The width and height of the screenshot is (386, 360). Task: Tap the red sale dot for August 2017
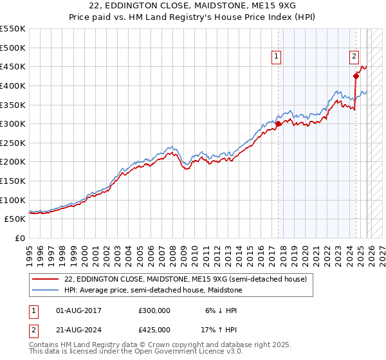[278, 124]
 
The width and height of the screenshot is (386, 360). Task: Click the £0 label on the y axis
[19, 238]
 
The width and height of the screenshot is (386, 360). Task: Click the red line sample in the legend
[44, 279]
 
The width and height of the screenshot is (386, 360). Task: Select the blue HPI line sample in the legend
[44, 290]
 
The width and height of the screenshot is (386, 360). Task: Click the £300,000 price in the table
[154, 310]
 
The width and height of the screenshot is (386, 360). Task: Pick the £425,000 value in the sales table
[154, 329]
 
